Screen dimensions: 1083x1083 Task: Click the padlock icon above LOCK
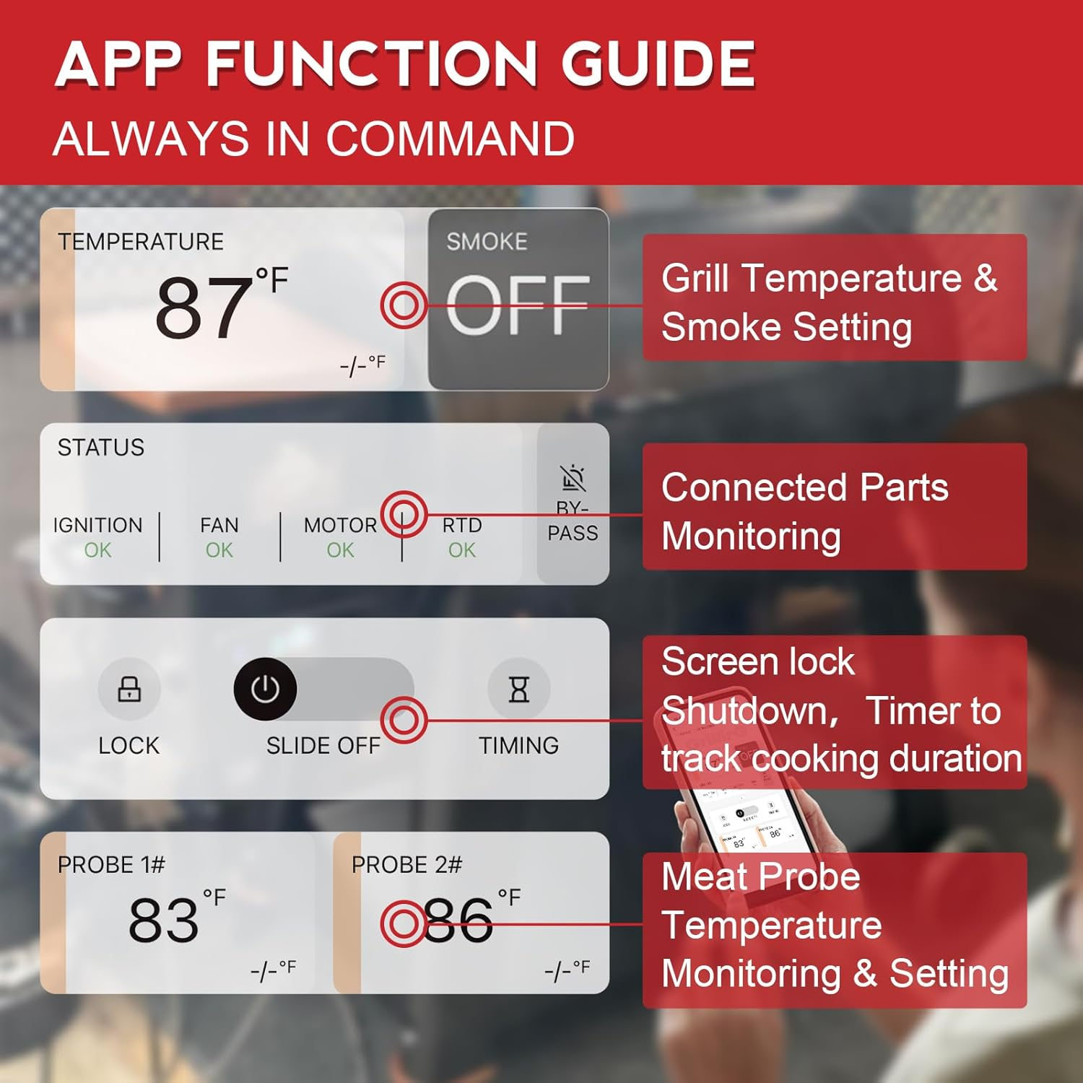click(129, 690)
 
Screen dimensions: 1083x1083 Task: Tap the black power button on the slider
click(265, 690)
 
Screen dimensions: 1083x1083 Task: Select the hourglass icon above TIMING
click(518, 690)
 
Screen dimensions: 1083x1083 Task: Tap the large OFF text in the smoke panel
click(518, 306)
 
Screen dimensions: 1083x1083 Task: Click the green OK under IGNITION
click(97, 550)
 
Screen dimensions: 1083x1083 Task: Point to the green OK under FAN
click(219, 550)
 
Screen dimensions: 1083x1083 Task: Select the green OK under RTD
click(461, 550)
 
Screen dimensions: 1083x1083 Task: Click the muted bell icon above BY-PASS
click(573, 477)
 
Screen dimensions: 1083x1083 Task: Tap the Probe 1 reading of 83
click(163, 921)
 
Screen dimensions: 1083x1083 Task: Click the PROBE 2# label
click(406, 864)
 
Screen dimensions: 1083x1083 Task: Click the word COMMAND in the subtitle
click(451, 139)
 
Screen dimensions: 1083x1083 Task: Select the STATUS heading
click(101, 448)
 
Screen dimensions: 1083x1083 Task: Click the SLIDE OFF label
click(323, 745)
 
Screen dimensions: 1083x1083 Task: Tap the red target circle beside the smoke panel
click(404, 305)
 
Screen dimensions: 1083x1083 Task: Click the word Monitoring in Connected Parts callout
click(751, 536)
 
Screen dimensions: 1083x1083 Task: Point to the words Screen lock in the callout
click(757, 661)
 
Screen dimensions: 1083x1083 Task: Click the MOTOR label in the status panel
click(340, 525)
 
